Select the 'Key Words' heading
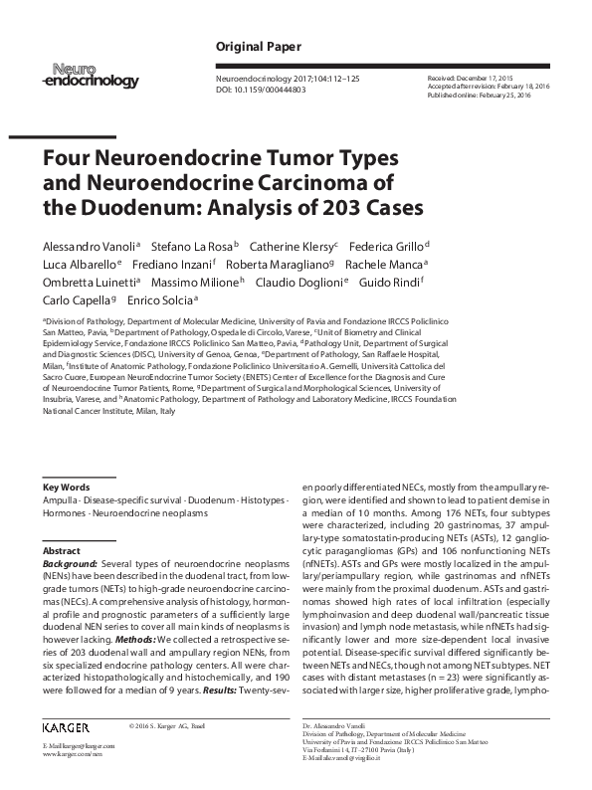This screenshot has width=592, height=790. [x=67, y=487]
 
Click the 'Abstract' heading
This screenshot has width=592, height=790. [x=62, y=550]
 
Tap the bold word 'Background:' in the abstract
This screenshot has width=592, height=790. [x=70, y=563]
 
